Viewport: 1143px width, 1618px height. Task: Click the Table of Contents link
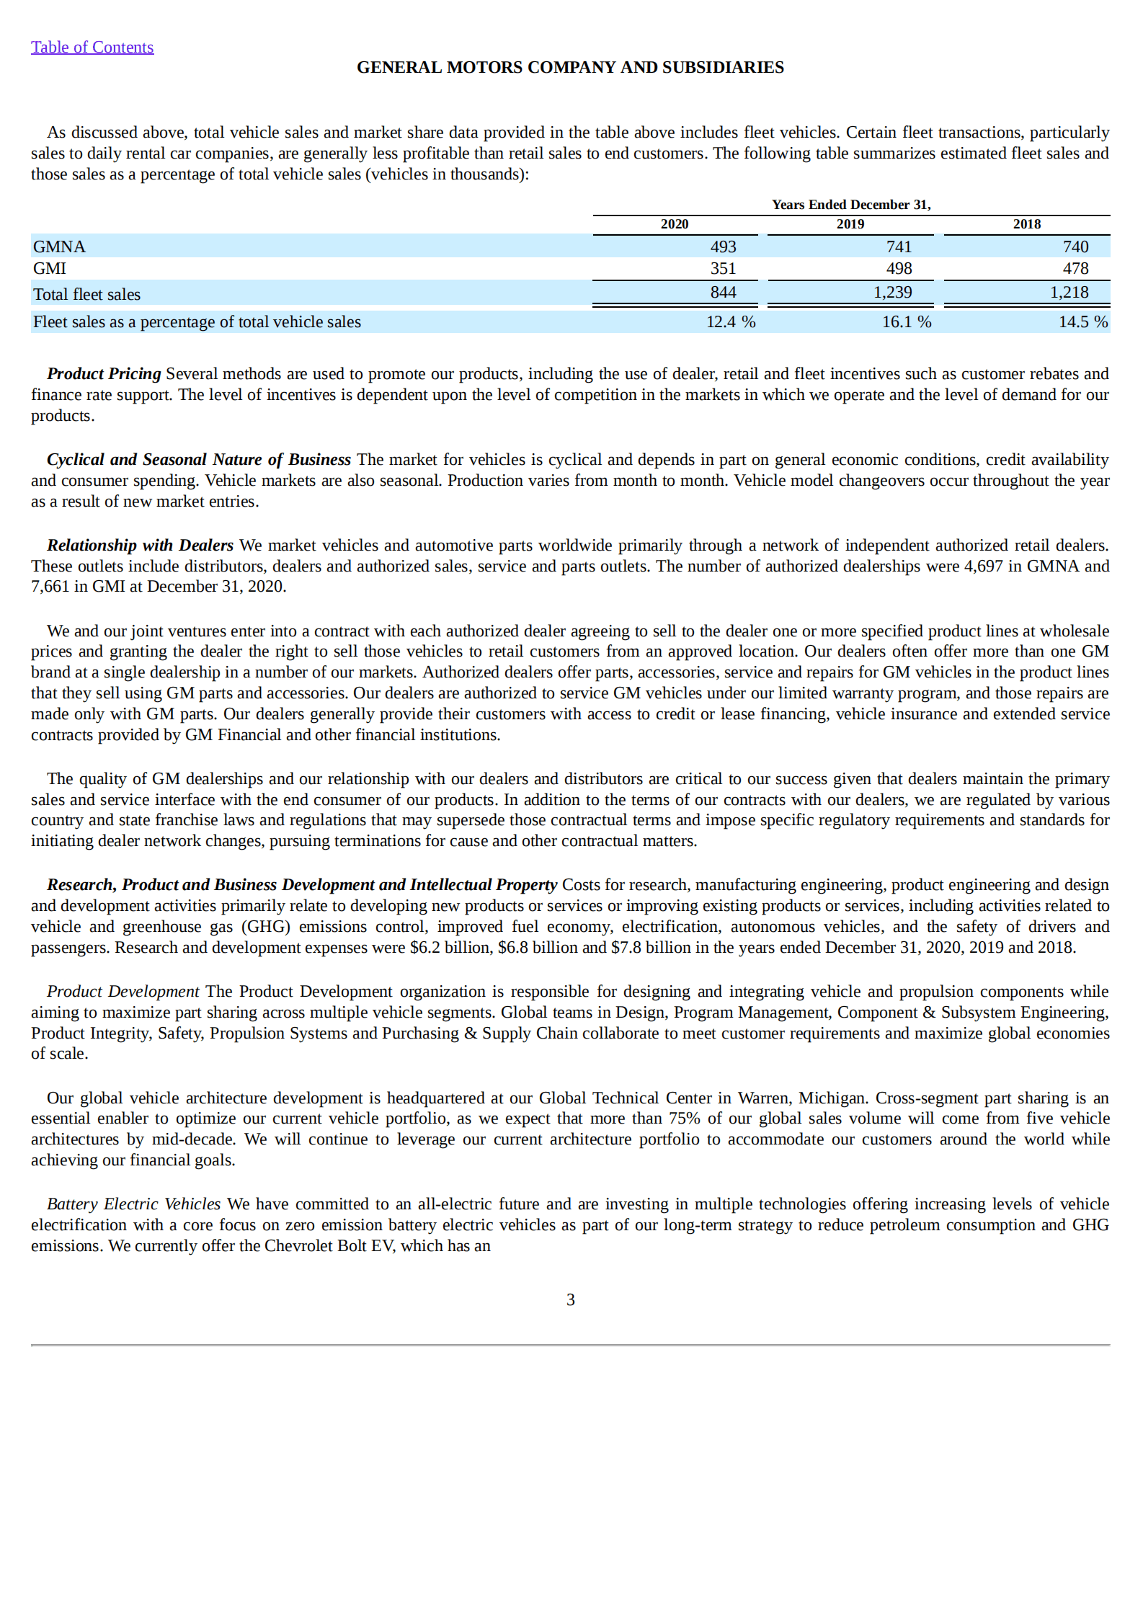point(92,48)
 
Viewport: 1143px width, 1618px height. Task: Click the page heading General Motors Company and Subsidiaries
point(570,67)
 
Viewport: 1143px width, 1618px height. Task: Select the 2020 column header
point(674,224)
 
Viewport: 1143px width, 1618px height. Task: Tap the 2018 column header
point(1026,224)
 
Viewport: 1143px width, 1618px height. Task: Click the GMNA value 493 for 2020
point(723,246)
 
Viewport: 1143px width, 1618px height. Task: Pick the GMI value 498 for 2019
point(899,268)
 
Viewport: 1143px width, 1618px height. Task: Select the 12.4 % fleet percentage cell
point(730,321)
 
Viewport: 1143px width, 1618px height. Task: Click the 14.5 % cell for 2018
point(1082,321)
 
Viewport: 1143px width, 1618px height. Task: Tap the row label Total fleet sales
point(86,294)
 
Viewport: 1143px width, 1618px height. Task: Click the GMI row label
point(49,268)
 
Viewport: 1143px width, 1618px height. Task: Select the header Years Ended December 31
point(850,205)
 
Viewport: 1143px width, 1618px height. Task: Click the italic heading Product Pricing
point(104,373)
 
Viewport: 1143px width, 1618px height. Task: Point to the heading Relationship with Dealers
point(140,545)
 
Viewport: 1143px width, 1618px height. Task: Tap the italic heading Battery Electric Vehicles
point(133,1204)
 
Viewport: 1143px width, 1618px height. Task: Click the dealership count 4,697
point(983,566)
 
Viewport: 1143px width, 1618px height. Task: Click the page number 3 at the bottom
point(570,1299)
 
